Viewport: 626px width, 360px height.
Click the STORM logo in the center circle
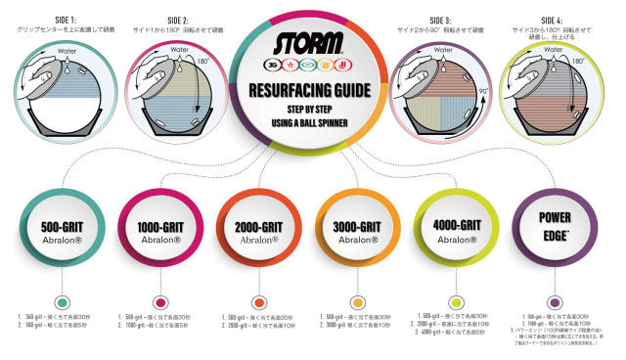coord(311,44)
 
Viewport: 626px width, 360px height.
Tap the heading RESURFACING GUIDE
coord(311,90)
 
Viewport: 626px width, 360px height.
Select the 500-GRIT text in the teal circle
coord(62,226)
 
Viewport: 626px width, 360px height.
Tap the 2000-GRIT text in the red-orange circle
coord(258,226)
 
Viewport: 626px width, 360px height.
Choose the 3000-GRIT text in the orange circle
coord(357,226)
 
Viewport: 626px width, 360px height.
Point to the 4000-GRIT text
coord(455,224)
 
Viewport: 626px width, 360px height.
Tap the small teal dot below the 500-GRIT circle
coord(62,302)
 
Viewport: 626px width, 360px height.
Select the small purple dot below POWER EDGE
coord(554,302)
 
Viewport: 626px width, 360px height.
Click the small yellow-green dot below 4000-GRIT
coord(455,302)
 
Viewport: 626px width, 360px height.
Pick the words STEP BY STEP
coord(311,110)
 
